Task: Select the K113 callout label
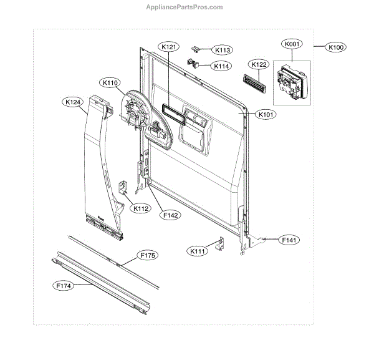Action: click(x=221, y=50)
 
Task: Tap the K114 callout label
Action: click(x=221, y=66)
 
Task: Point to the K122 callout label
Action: click(x=259, y=64)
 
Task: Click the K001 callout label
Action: click(x=292, y=44)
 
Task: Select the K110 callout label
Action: click(x=110, y=82)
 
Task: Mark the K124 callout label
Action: click(x=72, y=101)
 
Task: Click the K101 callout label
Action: click(x=266, y=114)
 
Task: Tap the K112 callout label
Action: click(x=140, y=208)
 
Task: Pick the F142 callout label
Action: click(x=170, y=215)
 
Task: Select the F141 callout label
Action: click(x=289, y=240)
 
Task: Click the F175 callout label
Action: click(x=148, y=256)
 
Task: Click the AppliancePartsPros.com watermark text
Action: click(x=184, y=7)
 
